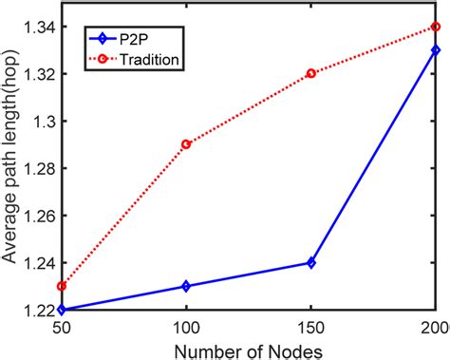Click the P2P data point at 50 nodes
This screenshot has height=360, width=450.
point(62,310)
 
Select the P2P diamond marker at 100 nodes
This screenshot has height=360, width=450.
point(186,286)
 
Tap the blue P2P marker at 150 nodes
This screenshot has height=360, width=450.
point(310,262)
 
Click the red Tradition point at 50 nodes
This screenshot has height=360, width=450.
point(62,286)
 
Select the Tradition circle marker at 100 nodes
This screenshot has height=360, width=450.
point(186,144)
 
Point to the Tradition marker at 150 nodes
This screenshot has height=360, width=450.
point(310,73)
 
